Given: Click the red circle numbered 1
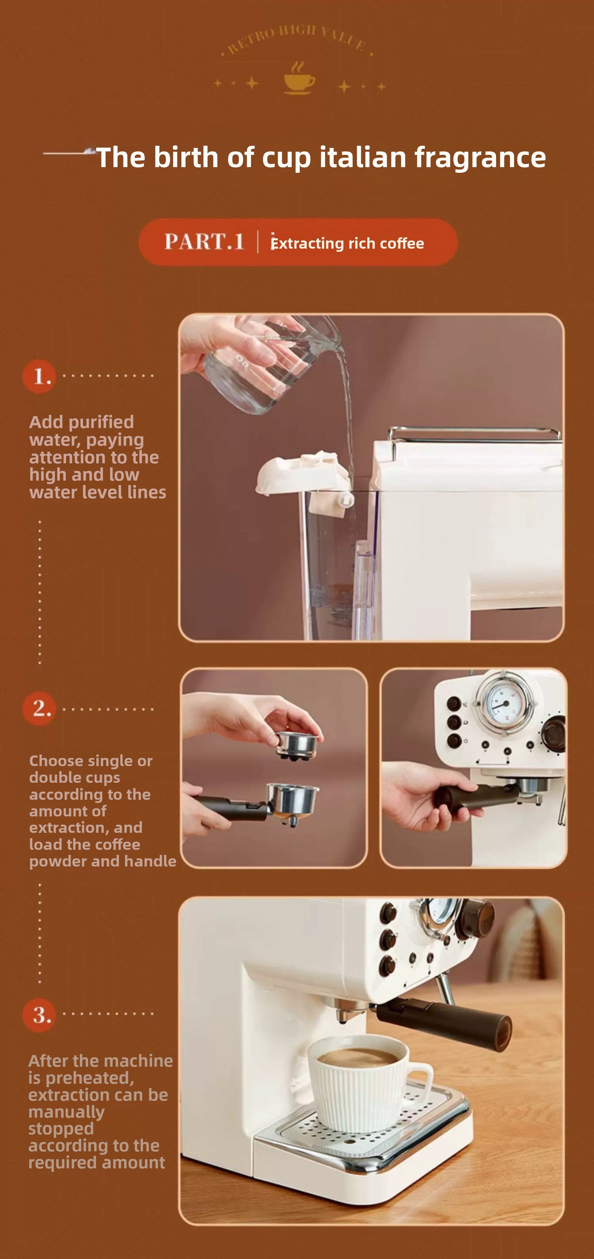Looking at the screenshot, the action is point(39,376).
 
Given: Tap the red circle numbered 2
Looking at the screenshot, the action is point(39,709).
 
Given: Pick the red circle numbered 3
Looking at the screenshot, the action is point(39,1015).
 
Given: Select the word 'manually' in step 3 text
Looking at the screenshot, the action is point(66,1112).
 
